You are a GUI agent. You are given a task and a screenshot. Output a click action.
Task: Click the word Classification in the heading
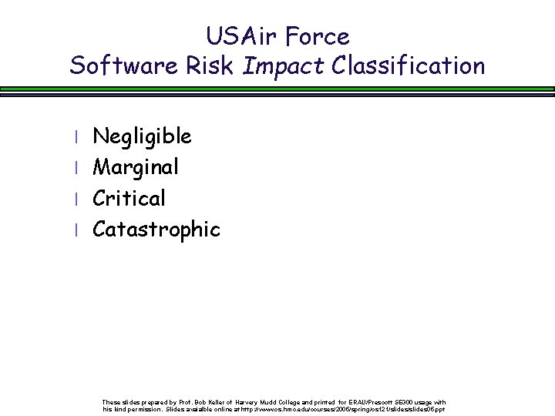coord(409,65)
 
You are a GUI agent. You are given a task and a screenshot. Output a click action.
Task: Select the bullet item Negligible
coord(142,137)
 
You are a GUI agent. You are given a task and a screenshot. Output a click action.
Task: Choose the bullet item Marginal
coord(136,168)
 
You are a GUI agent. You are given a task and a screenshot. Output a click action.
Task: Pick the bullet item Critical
coord(129,198)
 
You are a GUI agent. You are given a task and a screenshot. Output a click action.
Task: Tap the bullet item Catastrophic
coord(156,230)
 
